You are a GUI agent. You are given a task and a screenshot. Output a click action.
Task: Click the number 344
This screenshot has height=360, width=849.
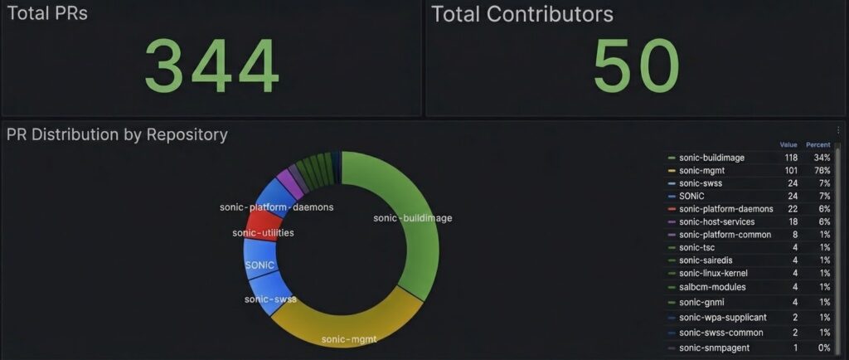[x=211, y=67]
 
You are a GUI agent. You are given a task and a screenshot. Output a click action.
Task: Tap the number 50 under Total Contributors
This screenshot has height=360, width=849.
[x=636, y=67]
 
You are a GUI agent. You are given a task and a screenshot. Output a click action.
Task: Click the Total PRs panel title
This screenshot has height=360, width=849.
[x=46, y=13]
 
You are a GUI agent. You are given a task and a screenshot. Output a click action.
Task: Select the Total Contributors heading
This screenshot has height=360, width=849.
[x=522, y=14]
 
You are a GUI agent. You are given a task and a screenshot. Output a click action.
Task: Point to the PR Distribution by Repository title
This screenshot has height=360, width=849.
[x=117, y=134]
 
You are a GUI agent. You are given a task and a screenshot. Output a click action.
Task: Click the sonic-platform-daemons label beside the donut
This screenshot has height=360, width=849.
[x=276, y=207]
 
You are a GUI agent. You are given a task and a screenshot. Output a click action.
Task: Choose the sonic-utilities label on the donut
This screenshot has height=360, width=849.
[x=263, y=233]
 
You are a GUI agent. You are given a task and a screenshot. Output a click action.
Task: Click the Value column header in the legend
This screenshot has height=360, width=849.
[x=788, y=144]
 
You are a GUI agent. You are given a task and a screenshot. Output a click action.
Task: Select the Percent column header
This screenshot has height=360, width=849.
[x=817, y=144]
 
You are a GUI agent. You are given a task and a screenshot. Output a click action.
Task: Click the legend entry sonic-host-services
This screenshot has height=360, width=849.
[x=717, y=221]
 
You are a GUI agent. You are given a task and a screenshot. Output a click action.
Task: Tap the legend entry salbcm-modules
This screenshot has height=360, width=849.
[x=712, y=287]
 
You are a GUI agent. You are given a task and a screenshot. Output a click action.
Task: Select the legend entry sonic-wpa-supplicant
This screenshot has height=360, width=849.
[x=721, y=317]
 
